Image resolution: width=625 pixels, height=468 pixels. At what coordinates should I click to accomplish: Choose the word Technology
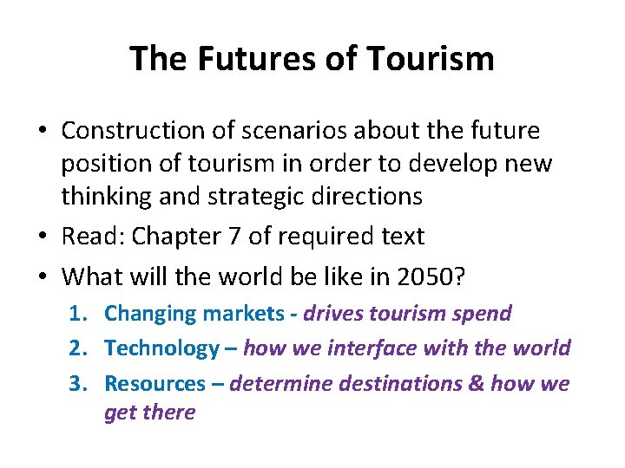coord(161,348)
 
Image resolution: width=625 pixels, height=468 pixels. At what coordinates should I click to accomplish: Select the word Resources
coord(155,383)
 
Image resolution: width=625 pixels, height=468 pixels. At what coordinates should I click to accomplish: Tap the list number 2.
coord(77,348)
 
